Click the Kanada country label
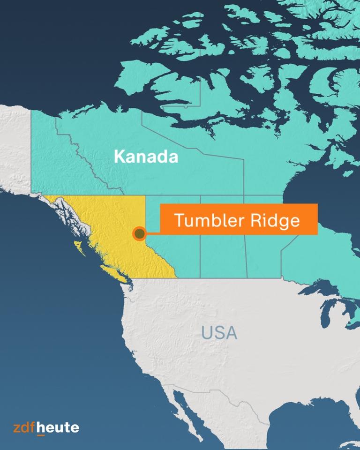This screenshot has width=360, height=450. tap(146, 157)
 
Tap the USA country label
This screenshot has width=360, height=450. tap(219, 333)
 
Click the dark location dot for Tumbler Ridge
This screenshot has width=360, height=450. tap(139, 232)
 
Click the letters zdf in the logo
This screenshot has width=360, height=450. tap(24, 427)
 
